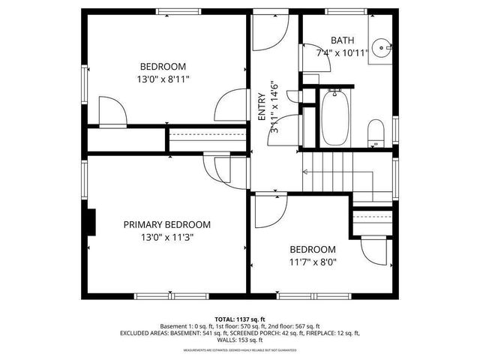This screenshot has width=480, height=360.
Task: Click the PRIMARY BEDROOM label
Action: click(x=166, y=224)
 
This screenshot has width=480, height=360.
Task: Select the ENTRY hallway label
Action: click(x=261, y=106)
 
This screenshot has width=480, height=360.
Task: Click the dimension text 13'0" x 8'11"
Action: click(x=163, y=78)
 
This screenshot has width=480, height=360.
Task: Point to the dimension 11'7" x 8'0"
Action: click(x=313, y=262)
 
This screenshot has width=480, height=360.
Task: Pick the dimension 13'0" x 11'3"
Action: click(x=166, y=238)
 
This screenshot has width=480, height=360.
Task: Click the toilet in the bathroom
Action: click(x=376, y=133)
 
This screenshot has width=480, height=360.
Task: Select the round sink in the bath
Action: click(x=385, y=47)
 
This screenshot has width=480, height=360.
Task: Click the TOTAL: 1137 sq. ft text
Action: click(x=240, y=319)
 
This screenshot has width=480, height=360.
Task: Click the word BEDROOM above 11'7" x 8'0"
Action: click(x=313, y=249)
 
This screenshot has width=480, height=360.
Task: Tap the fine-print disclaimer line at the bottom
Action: click(x=240, y=349)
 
